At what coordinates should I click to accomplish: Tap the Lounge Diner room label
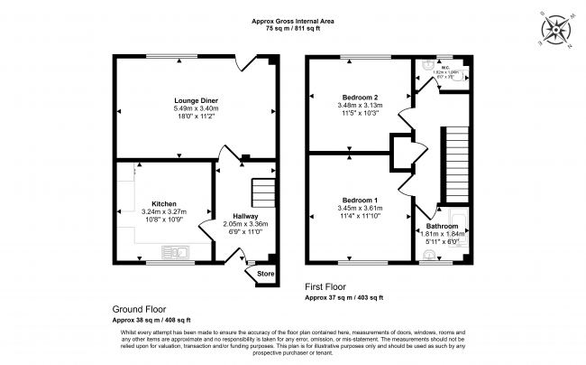point(197,99)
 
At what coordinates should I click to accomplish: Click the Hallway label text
point(246,217)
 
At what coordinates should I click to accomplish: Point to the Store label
point(265,274)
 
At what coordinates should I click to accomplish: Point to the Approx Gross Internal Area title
point(294,21)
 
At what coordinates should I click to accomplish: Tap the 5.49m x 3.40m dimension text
point(197,109)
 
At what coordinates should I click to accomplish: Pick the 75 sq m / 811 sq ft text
point(294,30)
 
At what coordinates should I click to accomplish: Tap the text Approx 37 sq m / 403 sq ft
point(343,297)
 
